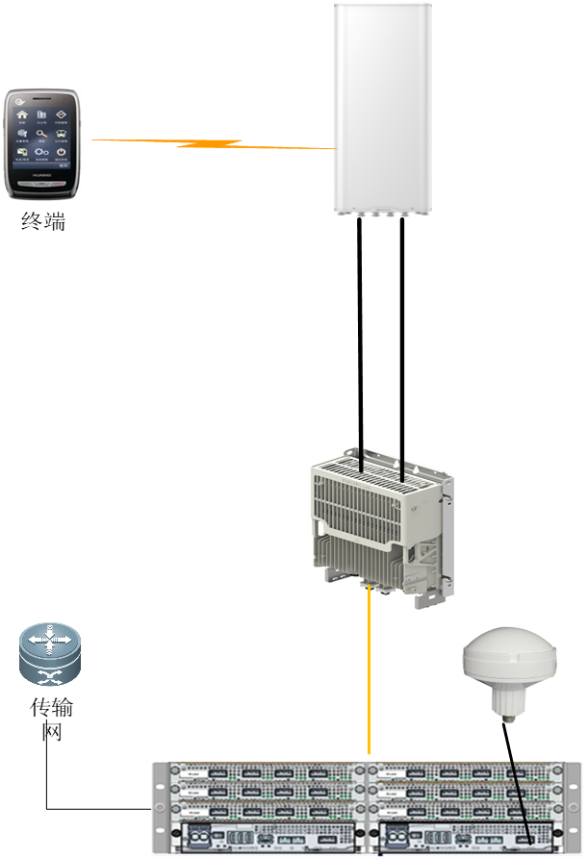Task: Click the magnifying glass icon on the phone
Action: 42,135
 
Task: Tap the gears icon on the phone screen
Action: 42,152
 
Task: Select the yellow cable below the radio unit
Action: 370,673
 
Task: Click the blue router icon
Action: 50,654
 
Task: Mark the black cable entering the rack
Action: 521,794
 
